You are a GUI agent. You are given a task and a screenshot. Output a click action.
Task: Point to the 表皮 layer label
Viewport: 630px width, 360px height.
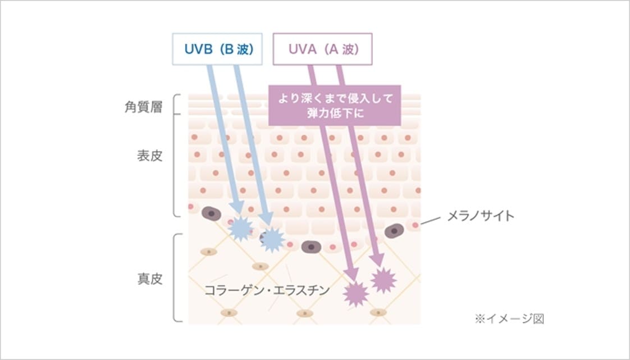[149, 156]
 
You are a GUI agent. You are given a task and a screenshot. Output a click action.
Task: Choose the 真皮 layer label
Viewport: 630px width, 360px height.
[149, 279]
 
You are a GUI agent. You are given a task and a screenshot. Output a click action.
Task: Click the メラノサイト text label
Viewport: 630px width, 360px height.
[480, 216]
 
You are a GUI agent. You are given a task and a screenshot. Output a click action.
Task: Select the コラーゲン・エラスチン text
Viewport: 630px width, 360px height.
[267, 290]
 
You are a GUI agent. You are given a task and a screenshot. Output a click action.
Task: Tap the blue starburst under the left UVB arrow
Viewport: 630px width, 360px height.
[241, 228]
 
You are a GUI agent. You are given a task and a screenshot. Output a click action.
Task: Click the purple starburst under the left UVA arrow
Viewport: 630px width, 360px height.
[355, 293]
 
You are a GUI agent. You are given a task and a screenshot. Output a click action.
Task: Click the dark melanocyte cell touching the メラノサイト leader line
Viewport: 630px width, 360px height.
[395, 230]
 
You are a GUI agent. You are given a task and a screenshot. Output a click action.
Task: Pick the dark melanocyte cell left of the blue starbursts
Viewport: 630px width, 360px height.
[211, 213]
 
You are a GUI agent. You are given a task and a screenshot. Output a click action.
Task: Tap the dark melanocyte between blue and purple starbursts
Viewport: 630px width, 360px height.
[311, 247]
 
